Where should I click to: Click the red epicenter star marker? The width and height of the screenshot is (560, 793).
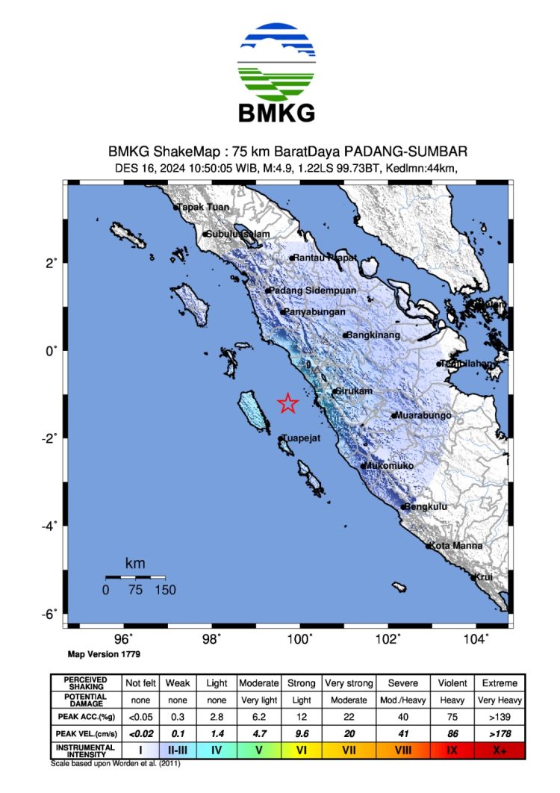point(288,403)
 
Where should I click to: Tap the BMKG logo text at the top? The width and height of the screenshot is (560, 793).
point(276,112)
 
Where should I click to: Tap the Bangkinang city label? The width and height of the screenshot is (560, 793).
point(373,335)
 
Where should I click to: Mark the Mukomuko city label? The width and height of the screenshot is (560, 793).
point(388,466)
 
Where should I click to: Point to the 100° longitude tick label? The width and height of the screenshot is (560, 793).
point(300,639)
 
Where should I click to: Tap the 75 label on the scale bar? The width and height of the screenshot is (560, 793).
point(135,590)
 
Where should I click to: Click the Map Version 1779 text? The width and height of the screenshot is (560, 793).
point(103,654)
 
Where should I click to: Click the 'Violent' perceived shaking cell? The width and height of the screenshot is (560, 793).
point(452,683)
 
